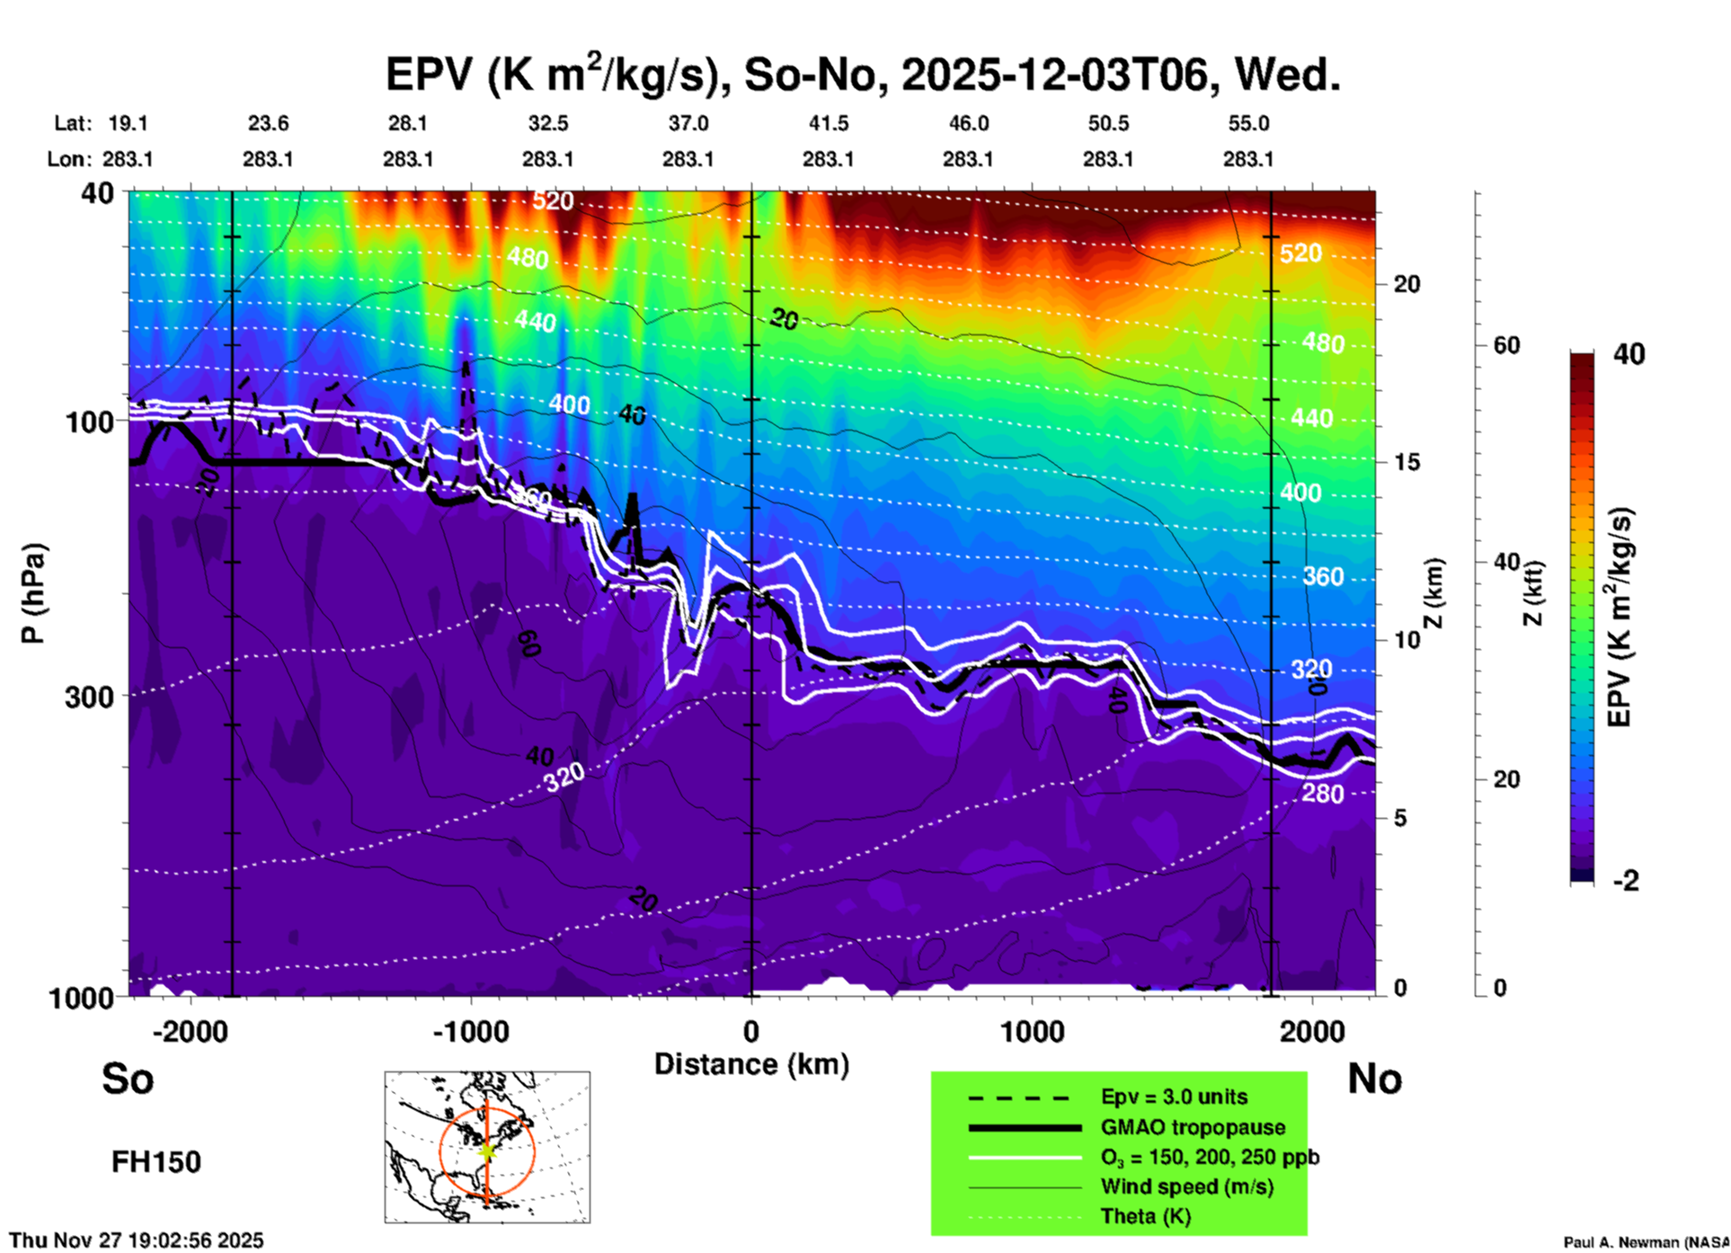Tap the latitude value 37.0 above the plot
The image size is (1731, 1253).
coord(688,123)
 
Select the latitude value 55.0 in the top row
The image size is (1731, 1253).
coord(1248,123)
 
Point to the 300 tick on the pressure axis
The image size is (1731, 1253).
coord(89,697)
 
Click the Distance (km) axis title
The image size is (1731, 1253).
coord(751,1064)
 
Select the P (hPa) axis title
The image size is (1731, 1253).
coord(33,593)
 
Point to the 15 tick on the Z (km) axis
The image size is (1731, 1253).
coord(1407,462)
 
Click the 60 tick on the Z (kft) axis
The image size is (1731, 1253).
coord(1506,345)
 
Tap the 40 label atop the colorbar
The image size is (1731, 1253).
coord(1629,354)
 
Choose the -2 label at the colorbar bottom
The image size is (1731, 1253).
coord(1626,881)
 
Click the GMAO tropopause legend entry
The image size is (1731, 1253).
coord(1193,1127)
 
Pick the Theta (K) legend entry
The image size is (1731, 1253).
coord(1146,1216)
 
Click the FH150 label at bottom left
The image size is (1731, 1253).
coord(156,1162)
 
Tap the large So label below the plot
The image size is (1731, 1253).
coord(128,1079)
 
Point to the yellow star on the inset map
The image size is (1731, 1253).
coord(486,1151)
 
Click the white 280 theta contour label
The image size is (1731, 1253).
coord(1322,794)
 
